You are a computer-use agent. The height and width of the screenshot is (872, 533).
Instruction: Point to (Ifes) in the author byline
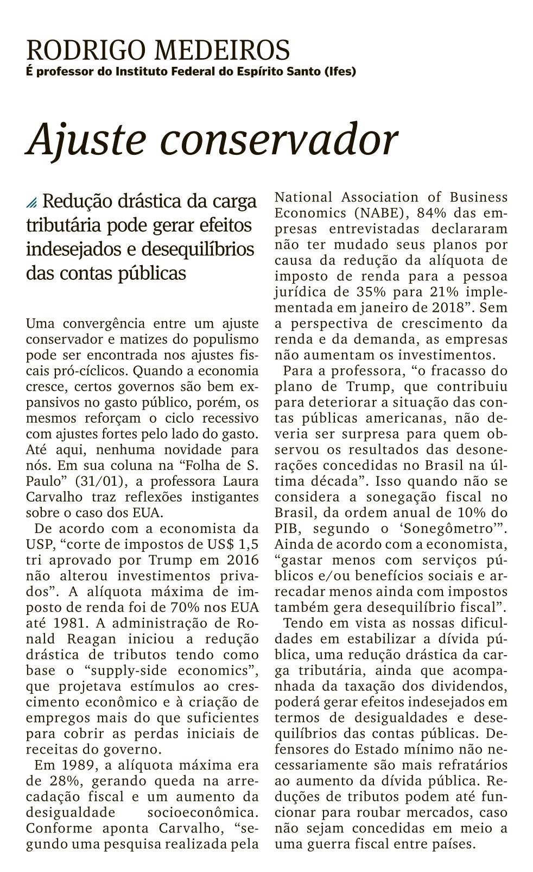[x=339, y=71]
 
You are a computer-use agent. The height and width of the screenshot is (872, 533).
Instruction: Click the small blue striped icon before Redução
[x=32, y=203]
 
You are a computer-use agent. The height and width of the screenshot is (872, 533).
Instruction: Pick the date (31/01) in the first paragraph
[x=96, y=481]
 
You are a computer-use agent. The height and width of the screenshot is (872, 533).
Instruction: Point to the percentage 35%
[x=363, y=291]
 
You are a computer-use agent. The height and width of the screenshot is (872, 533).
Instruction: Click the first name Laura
[x=239, y=481]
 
